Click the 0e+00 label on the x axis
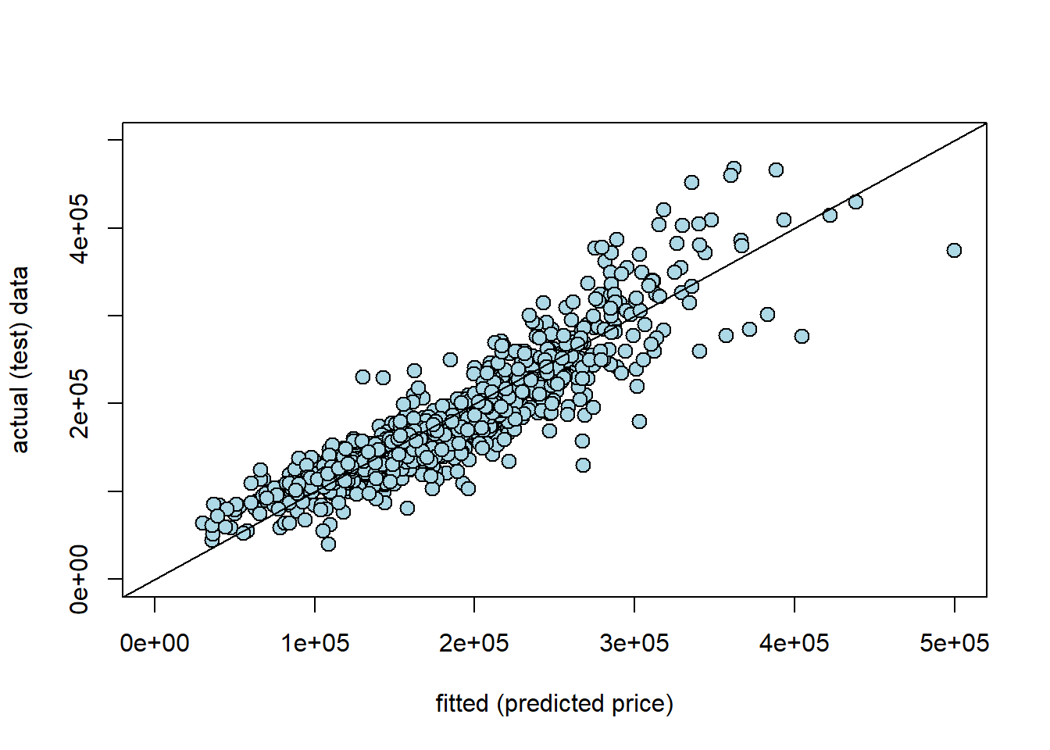point(155,644)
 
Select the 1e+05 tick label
point(315,644)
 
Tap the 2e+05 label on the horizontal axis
point(474,644)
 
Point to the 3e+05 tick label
point(634,644)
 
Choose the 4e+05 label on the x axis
point(795,644)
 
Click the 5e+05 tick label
point(954,644)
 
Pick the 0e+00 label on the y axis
point(80,579)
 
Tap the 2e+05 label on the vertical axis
point(80,404)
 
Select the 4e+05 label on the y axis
point(80,228)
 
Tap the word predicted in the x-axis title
point(552,704)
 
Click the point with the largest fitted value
point(954,250)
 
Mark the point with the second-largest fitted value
point(855,202)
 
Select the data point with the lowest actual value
point(328,544)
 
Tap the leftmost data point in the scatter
point(202,523)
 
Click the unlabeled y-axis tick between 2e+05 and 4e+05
point(116,316)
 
